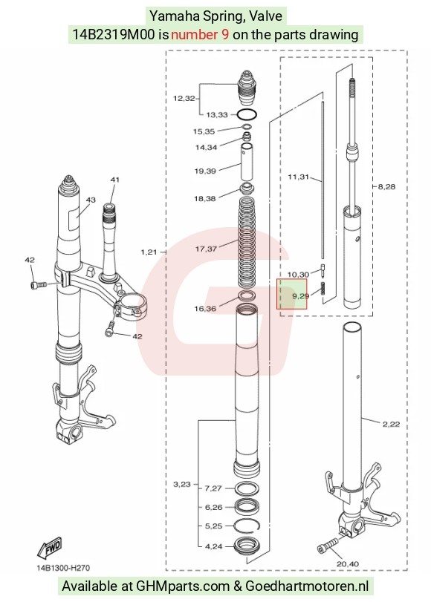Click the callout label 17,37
(x=206, y=249)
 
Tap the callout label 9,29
(x=301, y=296)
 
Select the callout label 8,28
(x=386, y=186)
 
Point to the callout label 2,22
(x=391, y=424)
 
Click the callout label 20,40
(x=348, y=564)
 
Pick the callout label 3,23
(x=182, y=484)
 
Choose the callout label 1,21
(x=149, y=252)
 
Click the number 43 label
(x=91, y=200)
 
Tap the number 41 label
(x=115, y=180)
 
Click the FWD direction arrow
(x=50, y=548)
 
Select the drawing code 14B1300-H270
(x=63, y=568)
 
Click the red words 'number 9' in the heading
(x=200, y=35)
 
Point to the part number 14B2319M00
(x=114, y=35)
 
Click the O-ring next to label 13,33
(x=247, y=114)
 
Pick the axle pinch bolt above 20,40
(x=328, y=546)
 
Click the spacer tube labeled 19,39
(x=247, y=161)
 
